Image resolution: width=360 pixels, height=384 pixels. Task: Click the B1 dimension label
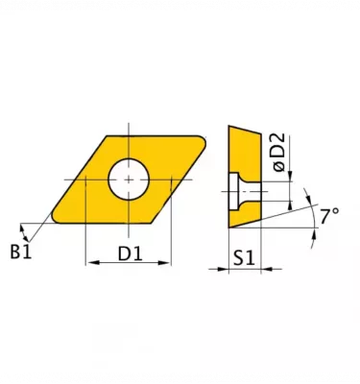(20, 252)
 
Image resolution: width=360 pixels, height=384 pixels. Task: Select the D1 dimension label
(131, 253)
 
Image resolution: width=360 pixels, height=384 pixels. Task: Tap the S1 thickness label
(244, 257)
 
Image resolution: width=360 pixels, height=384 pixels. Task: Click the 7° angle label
(329, 216)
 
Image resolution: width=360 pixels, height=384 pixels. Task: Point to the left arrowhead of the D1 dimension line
(90, 262)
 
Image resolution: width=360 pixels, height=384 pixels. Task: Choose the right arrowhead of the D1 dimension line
(170, 262)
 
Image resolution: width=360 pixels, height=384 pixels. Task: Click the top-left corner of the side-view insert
(228, 126)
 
